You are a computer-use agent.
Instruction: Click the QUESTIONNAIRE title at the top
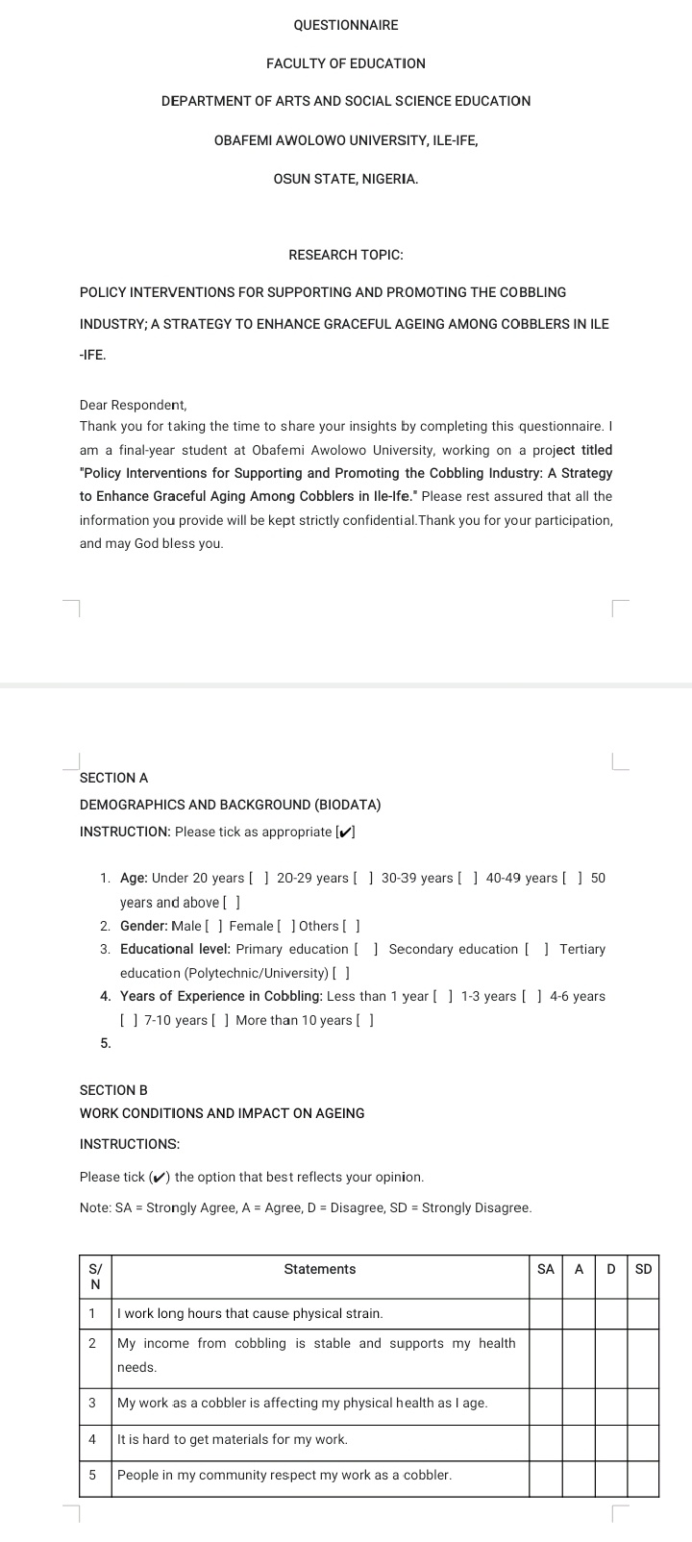pos(346,25)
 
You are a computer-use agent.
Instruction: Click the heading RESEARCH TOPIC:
pos(346,255)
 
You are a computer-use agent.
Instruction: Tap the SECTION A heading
pos(113,777)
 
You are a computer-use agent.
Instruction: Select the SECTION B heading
pos(113,1090)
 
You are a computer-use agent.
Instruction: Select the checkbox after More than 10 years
pos(365,1020)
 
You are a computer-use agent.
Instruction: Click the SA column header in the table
pos(546,1269)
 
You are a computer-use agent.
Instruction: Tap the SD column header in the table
pos(644,1269)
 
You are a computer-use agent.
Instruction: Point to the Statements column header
pos(320,1269)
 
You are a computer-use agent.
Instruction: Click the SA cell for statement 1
pos(546,1313)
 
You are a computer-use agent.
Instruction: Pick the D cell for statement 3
pos(611,1403)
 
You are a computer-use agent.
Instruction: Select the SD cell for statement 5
pos(644,1475)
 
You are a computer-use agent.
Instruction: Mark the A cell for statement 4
pos(579,1439)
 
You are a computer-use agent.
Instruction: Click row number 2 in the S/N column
pos(92,1344)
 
